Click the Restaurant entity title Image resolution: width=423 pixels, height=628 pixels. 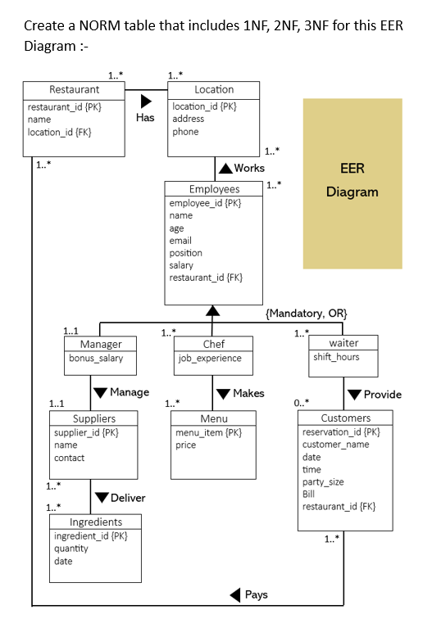coord(74,89)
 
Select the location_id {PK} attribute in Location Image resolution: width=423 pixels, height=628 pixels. coord(204,106)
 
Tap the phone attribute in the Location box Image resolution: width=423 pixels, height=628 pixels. coord(185,132)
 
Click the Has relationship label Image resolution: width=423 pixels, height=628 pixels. coord(145,117)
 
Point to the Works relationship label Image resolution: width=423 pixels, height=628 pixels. coord(249,168)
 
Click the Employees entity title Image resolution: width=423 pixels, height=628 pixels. coord(214,188)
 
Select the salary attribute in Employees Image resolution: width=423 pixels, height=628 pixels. coord(181,265)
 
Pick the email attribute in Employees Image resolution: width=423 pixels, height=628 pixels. coord(180,241)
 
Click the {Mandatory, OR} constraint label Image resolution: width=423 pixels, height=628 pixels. coord(307,314)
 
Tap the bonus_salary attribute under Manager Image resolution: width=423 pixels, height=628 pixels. coord(95,359)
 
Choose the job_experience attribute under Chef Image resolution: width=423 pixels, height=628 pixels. coord(210,359)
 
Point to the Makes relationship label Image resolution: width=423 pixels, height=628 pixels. coord(248,393)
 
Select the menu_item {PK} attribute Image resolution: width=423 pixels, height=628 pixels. coord(208,432)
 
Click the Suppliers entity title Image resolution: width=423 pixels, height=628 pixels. coord(93,418)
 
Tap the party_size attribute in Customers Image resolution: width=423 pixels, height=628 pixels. coord(323,482)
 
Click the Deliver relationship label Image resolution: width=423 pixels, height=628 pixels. coord(127,498)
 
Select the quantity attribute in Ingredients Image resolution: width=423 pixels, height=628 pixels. coord(72,549)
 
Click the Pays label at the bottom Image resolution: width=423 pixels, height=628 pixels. coord(256,594)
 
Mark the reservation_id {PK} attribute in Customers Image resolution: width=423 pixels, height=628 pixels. coord(341,431)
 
